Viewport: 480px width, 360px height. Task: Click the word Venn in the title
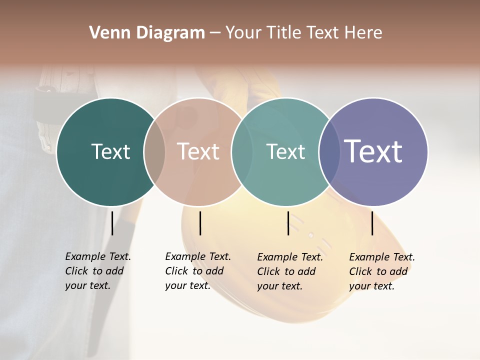point(104,33)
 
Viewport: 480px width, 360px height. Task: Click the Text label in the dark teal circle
point(110,151)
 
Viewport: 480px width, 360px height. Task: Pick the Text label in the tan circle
point(198,151)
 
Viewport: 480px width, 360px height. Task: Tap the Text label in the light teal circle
point(285,151)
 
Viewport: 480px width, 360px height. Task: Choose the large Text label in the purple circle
point(373,151)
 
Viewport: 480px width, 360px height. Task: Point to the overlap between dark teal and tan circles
point(154,152)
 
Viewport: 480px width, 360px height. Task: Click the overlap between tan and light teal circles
point(242,152)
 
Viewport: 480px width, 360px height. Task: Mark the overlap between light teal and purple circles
point(329,152)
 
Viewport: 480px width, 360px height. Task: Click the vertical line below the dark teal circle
point(112,223)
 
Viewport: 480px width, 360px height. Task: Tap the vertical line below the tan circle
point(200,223)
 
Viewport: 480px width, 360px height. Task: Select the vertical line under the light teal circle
point(288,223)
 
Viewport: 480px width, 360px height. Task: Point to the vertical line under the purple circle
point(372,223)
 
